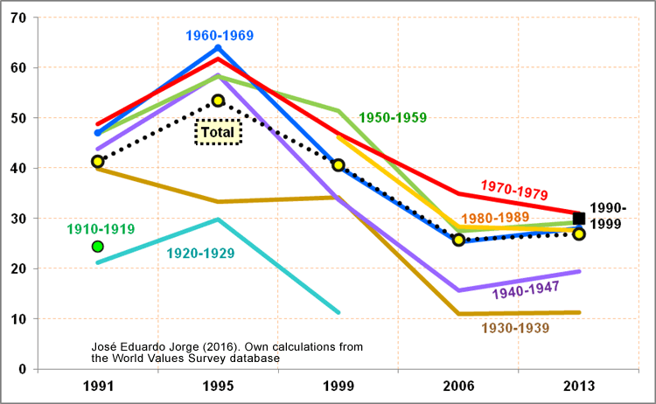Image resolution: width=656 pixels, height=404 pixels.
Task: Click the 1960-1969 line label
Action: point(219,36)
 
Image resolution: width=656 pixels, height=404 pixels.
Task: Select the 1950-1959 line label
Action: point(393,117)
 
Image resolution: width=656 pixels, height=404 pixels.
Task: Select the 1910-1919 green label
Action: point(101,229)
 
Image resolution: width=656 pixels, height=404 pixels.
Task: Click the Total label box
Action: point(217,133)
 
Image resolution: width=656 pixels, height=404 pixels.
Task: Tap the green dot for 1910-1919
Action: point(98,247)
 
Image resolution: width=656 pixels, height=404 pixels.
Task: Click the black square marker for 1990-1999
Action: point(578,219)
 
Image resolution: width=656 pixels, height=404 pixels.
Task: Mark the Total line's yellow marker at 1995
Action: point(218,101)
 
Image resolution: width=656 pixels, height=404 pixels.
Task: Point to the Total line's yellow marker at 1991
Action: point(97,162)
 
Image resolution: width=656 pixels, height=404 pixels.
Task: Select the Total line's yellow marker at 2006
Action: point(458,240)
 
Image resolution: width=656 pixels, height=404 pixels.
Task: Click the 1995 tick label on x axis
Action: point(218,385)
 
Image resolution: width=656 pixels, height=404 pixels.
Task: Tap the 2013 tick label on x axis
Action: point(579,385)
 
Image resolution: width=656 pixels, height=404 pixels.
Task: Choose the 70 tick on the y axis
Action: point(18,17)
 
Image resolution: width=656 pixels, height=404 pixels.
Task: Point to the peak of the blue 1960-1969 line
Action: point(218,47)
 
